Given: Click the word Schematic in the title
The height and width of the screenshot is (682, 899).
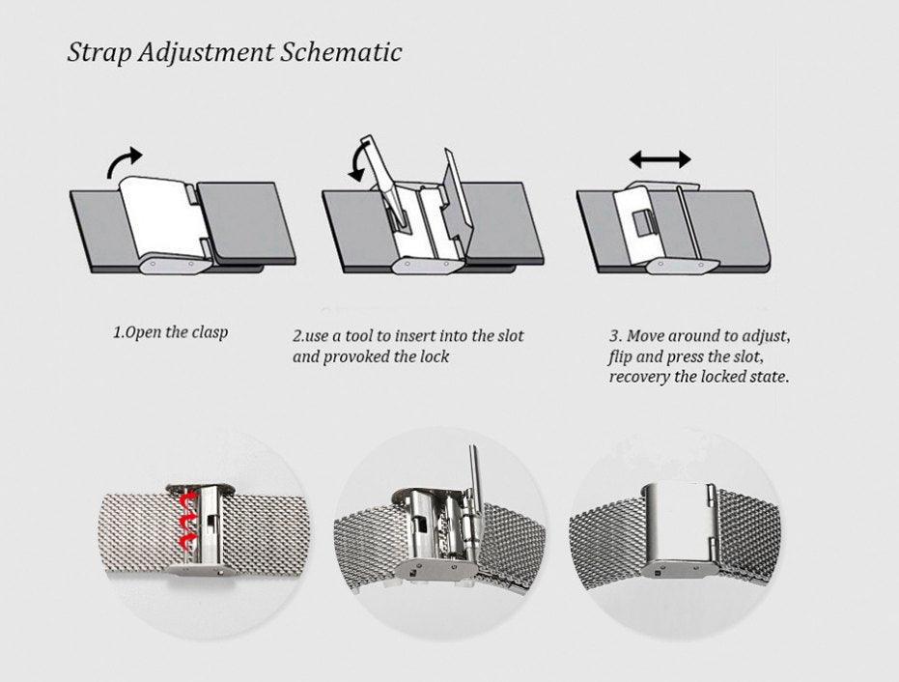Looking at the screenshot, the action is coord(341,51).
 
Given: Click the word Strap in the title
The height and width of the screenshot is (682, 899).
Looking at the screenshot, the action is coord(99,53).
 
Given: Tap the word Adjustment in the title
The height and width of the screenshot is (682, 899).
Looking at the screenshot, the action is coord(206,53).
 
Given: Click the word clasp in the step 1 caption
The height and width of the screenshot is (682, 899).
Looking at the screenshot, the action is coord(210,332).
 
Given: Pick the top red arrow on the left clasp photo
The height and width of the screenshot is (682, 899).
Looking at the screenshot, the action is coord(187,499).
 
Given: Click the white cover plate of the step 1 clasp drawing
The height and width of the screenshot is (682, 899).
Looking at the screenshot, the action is coord(160,215).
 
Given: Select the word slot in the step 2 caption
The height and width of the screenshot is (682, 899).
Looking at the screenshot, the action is coord(510,335).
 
